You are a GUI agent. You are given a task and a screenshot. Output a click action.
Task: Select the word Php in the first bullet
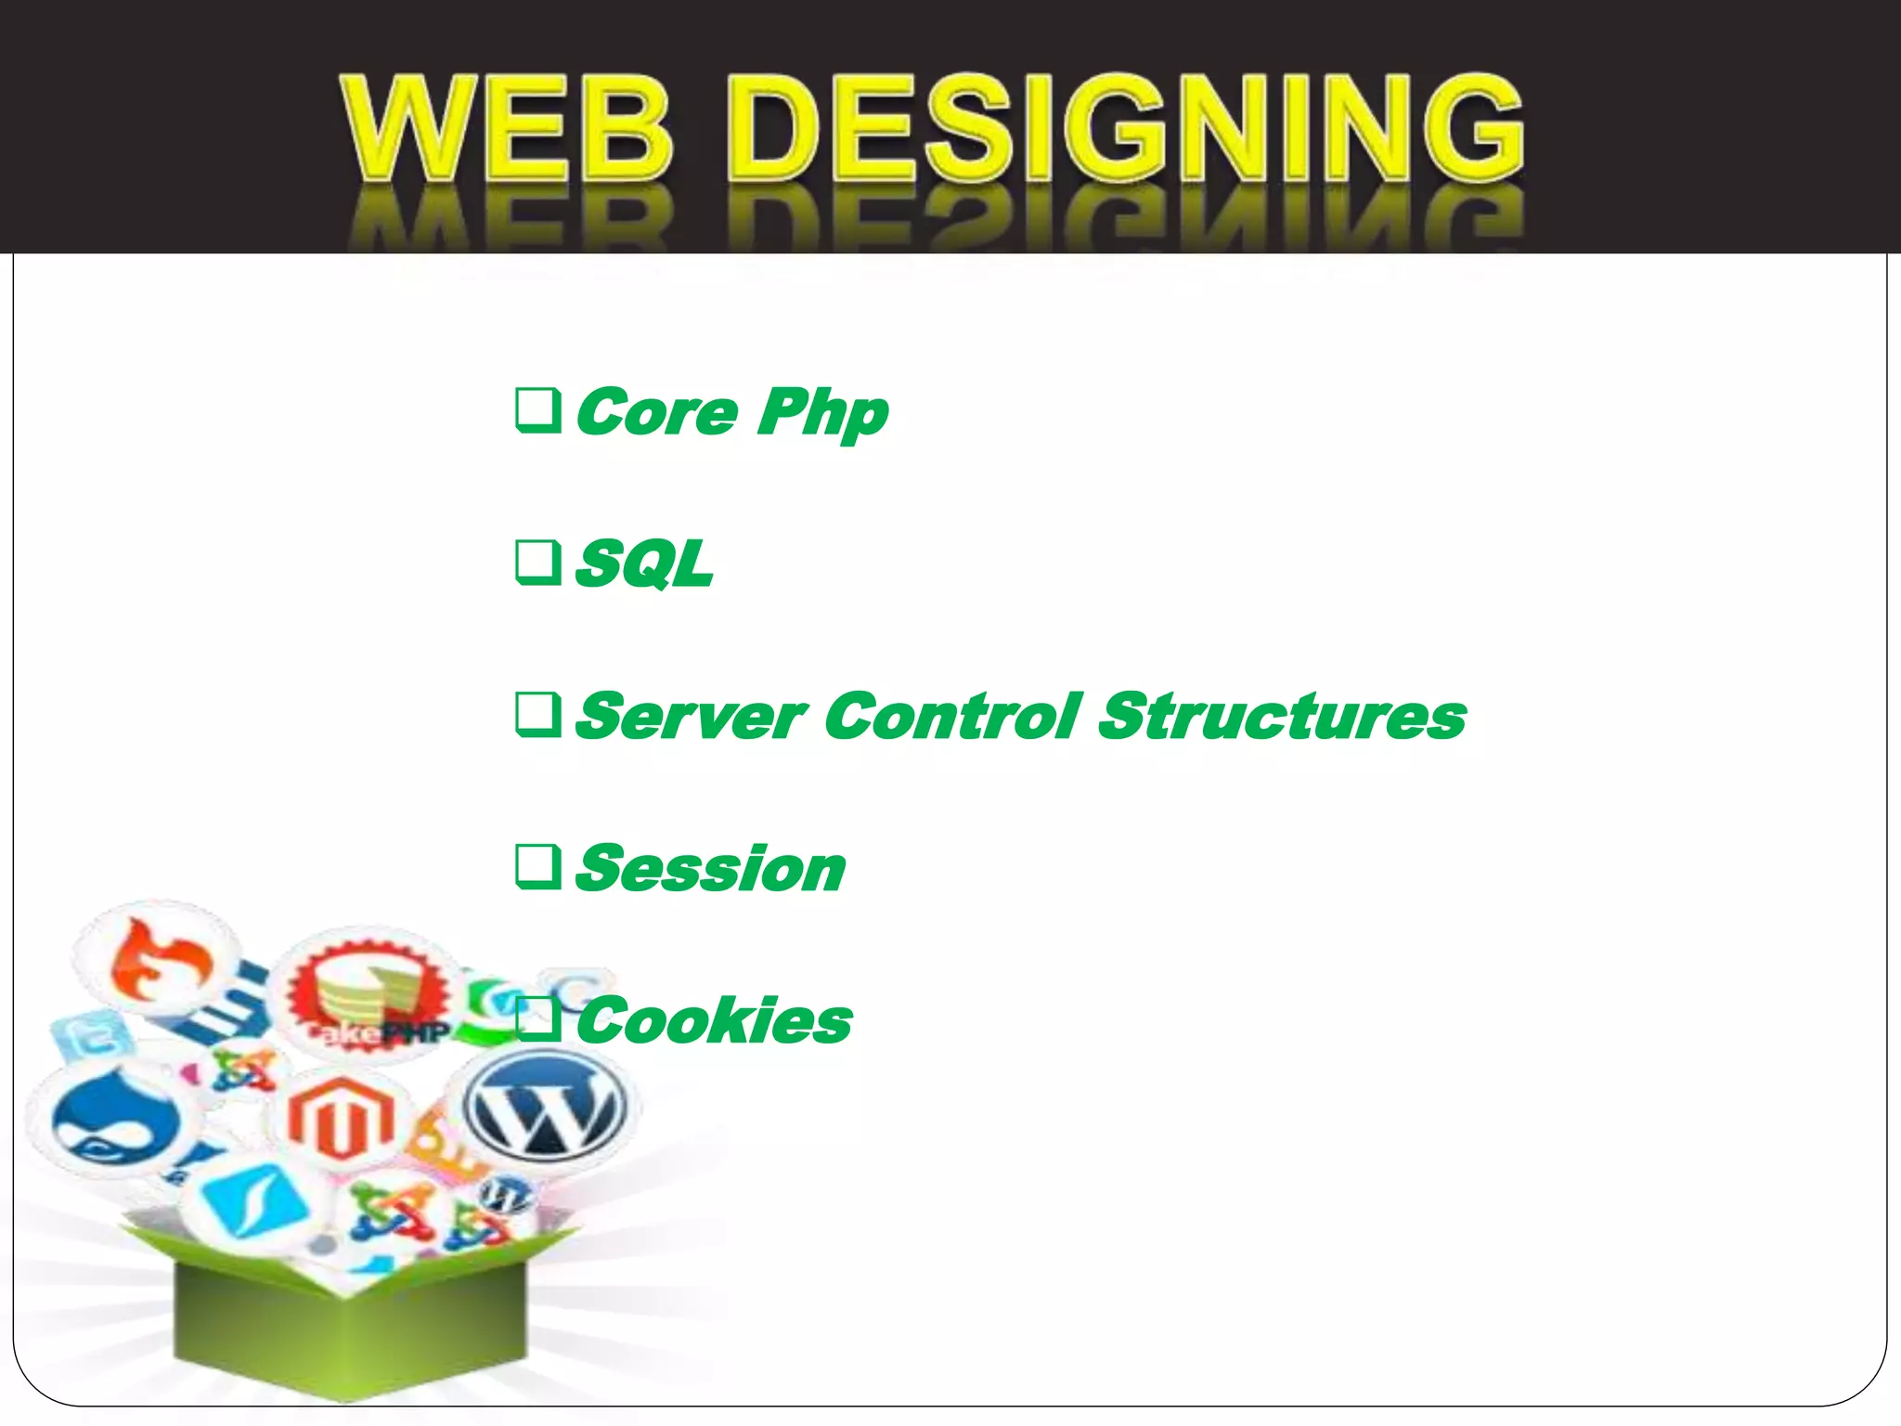coord(822,413)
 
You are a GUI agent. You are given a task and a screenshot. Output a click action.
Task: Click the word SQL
coord(644,564)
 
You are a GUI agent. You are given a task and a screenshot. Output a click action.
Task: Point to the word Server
coord(690,717)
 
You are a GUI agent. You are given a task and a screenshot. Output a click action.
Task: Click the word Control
coord(952,717)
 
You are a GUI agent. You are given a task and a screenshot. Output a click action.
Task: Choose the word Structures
coord(1282,717)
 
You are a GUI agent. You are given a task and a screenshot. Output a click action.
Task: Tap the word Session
coord(710,869)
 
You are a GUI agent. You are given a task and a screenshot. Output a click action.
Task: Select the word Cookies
coord(713,1021)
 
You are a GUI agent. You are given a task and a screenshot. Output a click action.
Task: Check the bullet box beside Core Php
coord(538,411)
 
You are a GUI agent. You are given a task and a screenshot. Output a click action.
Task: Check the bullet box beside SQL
coord(538,564)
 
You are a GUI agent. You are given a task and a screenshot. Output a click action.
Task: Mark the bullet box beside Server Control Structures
coord(538,716)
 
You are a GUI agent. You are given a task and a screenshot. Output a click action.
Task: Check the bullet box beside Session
coord(538,868)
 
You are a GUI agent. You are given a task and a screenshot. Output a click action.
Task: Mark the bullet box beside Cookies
coord(538,1020)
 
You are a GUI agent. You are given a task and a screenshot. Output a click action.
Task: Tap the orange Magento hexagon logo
coord(340,1120)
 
